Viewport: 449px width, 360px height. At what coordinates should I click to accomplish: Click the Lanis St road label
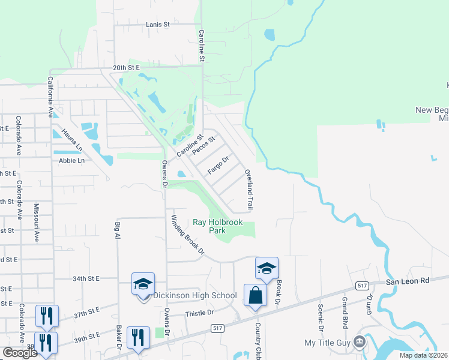158,25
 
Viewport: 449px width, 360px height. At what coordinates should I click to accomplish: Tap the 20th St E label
125,68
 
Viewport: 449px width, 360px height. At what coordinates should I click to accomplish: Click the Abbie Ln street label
71,161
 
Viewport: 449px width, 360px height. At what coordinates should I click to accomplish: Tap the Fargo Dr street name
218,166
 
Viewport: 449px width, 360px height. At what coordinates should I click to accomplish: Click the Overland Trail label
249,190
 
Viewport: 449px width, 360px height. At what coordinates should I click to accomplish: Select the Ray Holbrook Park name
217,226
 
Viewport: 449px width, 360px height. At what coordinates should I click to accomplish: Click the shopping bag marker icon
255,296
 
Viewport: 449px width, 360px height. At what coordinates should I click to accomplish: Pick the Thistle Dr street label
200,313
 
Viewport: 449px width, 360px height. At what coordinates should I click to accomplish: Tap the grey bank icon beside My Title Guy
360,342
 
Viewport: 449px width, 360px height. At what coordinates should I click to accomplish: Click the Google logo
19,353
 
